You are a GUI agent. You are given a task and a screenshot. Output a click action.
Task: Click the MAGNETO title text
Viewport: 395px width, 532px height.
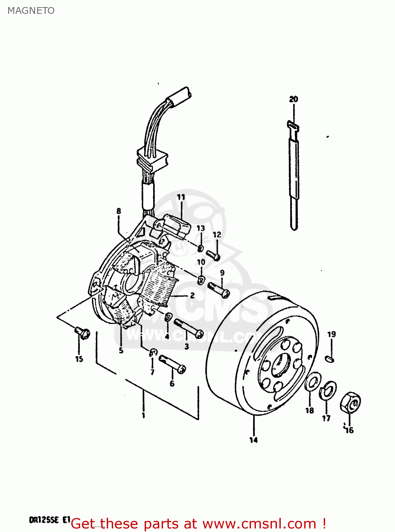click(31, 11)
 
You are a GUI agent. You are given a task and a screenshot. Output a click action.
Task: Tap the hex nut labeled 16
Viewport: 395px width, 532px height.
click(350, 403)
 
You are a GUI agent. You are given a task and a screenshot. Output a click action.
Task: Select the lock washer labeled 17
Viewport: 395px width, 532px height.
click(328, 390)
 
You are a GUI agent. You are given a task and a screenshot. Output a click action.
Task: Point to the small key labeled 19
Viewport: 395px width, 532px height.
click(330, 359)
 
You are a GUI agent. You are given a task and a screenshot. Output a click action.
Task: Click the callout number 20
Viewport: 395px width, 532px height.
click(294, 99)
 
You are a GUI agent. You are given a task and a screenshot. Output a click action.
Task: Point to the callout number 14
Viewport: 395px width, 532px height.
click(253, 440)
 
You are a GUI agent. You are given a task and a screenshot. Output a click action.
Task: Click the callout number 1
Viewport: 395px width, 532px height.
click(143, 415)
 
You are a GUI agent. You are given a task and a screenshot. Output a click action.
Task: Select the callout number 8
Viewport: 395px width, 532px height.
click(118, 211)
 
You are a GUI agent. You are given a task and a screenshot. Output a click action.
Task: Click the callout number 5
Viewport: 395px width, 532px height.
click(121, 350)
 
